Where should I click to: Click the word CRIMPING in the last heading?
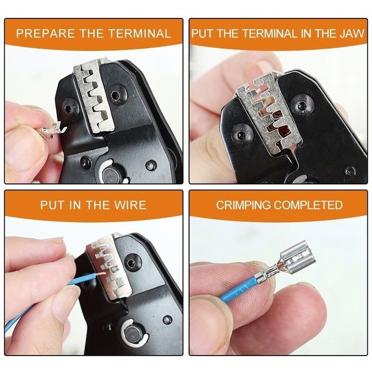pyautogui.click(x=243, y=205)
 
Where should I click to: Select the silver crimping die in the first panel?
pyautogui.click(x=94, y=98)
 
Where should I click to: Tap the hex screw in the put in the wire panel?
pyautogui.click(x=132, y=264)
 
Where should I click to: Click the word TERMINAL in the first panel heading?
pyautogui.click(x=139, y=33)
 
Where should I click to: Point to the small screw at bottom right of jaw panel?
pyautogui.click(x=350, y=170)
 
